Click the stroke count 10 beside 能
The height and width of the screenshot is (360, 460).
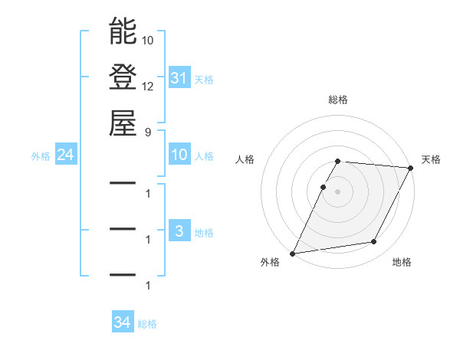point(149,38)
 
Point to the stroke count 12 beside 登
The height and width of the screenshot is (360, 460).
point(149,86)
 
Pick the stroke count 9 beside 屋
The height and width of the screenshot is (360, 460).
point(149,131)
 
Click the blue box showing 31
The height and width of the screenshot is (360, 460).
point(179,78)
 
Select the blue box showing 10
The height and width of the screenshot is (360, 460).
point(179,155)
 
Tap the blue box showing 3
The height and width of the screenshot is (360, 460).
point(179,232)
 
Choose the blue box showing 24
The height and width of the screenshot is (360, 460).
point(65,155)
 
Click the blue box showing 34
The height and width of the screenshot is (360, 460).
point(122,323)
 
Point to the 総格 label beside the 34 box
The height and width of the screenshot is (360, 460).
point(147,324)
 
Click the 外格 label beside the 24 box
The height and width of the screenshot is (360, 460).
point(41,156)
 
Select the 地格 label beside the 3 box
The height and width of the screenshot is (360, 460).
point(204,233)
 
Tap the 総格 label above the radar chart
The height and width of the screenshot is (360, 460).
point(338,100)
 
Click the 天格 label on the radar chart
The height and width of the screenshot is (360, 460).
point(431,159)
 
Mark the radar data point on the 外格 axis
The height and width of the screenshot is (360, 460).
point(292,254)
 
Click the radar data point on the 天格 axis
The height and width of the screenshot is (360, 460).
point(411,168)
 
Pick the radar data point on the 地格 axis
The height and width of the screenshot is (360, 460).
point(374,242)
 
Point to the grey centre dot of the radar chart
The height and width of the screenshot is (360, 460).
point(338,191)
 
